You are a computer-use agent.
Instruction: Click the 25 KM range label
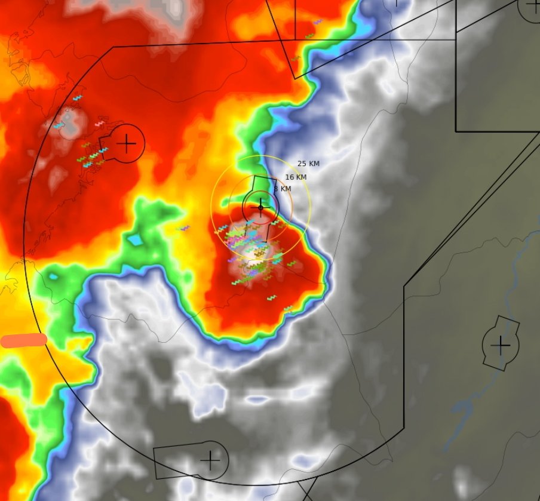308,164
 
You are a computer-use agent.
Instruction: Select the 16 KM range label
296,177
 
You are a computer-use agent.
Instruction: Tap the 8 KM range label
283,189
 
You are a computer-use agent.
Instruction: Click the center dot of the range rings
260,208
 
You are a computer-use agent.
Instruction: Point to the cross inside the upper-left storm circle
126,143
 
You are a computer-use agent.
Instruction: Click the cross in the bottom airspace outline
210,460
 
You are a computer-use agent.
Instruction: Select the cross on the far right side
500,345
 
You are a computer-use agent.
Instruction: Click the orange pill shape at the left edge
24,340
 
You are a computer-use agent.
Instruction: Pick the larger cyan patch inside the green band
135,240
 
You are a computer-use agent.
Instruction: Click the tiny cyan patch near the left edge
54,276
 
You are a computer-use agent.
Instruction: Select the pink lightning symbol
99,124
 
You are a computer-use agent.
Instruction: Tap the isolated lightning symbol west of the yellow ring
185,228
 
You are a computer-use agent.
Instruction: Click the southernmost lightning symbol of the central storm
288,309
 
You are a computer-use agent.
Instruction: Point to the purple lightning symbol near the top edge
318,22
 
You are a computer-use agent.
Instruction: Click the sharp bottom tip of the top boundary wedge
295,78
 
